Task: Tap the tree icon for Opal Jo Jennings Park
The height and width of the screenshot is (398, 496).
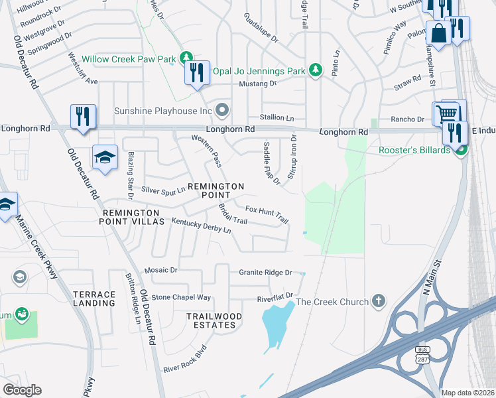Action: point(316,70)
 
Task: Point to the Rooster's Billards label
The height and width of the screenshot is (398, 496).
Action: point(415,150)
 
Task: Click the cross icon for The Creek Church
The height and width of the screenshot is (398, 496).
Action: point(378,302)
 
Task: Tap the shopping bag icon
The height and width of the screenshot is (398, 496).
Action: point(438,33)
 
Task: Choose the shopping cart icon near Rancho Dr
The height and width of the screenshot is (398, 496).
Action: point(448,113)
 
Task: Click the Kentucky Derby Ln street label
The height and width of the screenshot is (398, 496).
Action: point(201,226)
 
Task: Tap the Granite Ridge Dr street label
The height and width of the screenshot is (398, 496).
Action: point(265,273)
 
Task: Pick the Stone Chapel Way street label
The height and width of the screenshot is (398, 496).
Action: point(181,298)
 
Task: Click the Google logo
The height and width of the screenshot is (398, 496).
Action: point(22,390)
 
